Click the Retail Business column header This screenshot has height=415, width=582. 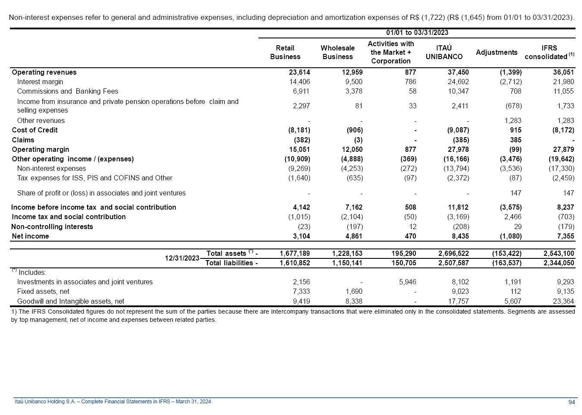click(x=285, y=53)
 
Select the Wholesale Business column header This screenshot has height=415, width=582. click(x=337, y=53)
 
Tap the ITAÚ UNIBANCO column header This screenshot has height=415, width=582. click(x=444, y=53)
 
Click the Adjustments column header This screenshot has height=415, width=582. click(x=497, y=53)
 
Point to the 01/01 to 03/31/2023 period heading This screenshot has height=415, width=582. click(x=417, y=33)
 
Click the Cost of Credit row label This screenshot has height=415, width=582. click(x=35, y=130)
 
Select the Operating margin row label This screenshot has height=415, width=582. click(x=41, y=150)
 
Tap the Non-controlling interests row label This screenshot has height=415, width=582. click(x=52, y=227)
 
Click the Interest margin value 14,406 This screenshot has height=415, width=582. click(x=299, y=82)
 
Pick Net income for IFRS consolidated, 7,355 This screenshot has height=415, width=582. click(x=565, y=236)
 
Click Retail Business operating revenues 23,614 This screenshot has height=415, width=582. click(x=299, y=72)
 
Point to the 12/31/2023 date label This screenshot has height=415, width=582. click(x=182, y=258)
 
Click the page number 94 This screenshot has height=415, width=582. click(x=572, y=402)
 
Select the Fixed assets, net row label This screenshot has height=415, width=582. click(x=43, y=292)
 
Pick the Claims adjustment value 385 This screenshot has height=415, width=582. click(x=515, y=140)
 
